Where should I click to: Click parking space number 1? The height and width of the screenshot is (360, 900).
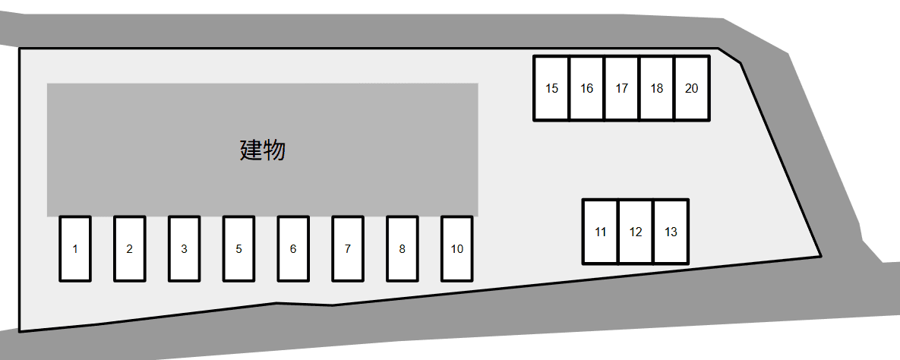(75, 249)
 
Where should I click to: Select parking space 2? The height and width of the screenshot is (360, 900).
(130, 249)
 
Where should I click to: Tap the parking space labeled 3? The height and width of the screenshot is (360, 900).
(185, 249)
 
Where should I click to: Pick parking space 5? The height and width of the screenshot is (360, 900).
(238, 249)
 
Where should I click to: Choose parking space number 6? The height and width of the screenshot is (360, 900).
(293, 249)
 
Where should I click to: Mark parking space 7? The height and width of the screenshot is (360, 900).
(348, 249)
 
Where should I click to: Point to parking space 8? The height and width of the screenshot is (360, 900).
(403, 249)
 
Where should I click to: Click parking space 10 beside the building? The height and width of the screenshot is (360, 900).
(457, 249)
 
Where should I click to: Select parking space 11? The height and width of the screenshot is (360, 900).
(601, 232)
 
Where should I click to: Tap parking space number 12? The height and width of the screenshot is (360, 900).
(636, 232)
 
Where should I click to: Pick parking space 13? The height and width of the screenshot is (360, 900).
(671, 232)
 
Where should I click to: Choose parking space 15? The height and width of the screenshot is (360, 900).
(552, 88)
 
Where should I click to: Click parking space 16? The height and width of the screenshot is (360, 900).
(587, 88)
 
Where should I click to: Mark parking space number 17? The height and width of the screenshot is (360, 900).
(622, 88)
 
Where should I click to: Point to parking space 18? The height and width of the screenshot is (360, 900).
(657, 88)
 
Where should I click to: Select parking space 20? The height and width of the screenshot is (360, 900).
(692, 88)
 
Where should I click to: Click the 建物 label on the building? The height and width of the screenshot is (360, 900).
(263, 150)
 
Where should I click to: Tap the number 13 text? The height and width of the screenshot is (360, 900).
(671, 232)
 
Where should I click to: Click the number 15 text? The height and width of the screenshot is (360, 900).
(552, 89)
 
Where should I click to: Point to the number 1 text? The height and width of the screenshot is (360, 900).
(75, 249)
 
